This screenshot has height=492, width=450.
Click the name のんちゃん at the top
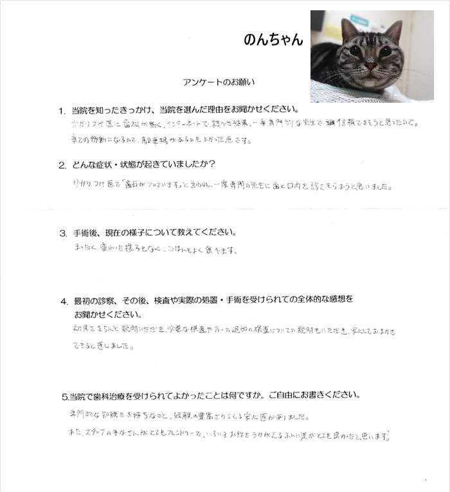tap(273, 39)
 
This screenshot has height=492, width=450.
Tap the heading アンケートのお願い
tap(219, 82)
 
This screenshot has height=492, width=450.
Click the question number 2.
tap(62, 165)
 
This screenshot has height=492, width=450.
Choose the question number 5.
tap(64, 394)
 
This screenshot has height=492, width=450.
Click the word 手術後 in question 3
tap(87, 233)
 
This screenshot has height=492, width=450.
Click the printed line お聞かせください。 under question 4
tap(105, 315)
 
